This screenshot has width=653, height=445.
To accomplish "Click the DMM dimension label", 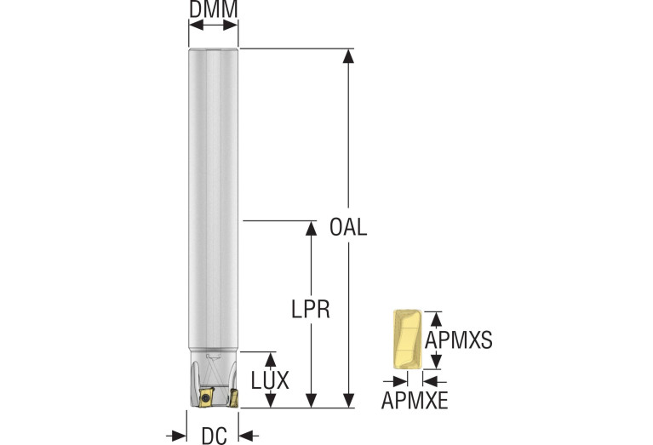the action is (213, 9).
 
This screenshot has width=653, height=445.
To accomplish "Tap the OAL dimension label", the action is (348, 227).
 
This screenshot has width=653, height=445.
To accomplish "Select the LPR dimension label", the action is (311, 310).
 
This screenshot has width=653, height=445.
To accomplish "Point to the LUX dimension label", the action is (270, 380).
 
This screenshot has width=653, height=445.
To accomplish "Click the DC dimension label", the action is (215, 436).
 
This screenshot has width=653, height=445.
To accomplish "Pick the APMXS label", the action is (459, 340).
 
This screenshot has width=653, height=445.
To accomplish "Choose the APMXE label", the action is (415, 401).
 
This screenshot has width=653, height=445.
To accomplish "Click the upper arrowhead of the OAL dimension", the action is (348, 56).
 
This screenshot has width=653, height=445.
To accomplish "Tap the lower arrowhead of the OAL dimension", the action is (348, 400).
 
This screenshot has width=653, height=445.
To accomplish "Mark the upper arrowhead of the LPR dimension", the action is (311, 228).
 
